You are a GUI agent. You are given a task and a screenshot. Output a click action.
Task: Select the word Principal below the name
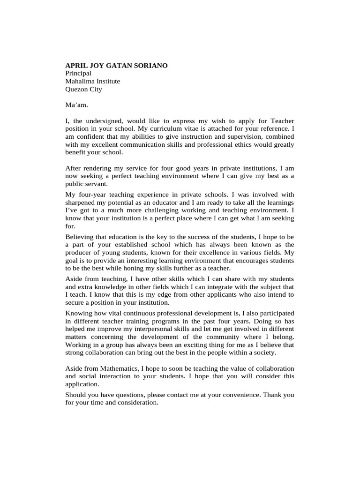click(78, 74)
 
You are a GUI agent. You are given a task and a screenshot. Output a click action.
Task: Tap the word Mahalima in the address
click(80, 81)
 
